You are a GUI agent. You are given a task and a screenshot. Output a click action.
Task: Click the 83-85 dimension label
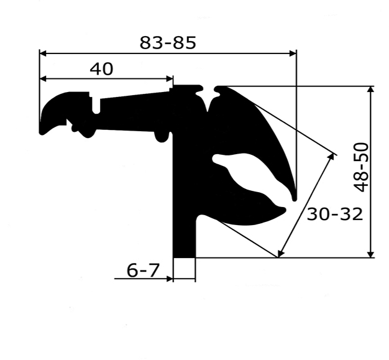[x=168, y=43]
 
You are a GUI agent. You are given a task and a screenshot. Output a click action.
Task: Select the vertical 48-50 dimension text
[x=362, y=168]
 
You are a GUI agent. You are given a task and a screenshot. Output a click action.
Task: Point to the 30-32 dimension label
[x=335, y=214]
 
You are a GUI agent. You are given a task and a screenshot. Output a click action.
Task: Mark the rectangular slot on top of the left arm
[x=97, y=104]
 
